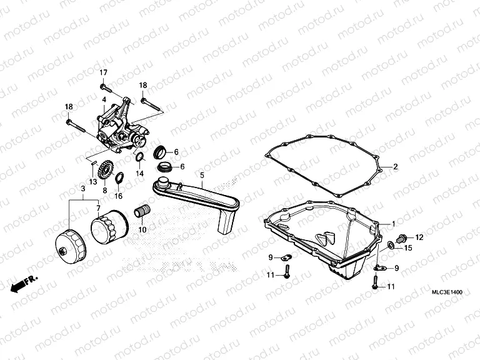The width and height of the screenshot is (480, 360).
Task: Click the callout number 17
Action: (103, 72)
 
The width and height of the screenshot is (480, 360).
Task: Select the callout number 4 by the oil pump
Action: (104, 99)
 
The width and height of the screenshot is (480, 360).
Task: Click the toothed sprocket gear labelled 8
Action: (105, 169)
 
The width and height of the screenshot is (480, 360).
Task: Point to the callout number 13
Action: (92, 181)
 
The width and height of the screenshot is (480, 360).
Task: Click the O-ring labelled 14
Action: (140, 156)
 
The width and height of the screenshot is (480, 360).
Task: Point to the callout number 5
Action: (202, 177)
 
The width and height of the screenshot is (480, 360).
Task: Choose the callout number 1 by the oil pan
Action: (394, 223)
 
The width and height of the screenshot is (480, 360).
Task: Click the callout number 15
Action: (408, 248)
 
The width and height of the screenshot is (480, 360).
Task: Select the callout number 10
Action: (142, 230)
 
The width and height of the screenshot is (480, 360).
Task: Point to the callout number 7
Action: (97, 207)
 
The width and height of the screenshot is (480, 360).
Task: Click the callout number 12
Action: (419, 237)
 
